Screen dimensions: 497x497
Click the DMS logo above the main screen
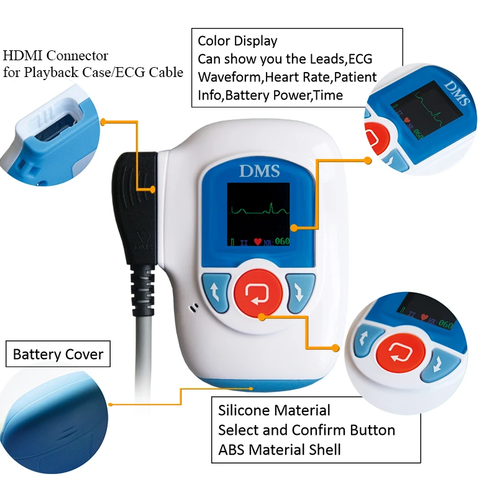[x=259, y=172]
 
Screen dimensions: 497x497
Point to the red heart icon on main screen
[x=258, y=242]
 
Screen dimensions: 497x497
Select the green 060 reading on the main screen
[x=282, y=242]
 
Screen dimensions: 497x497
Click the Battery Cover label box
[x=58, y=355]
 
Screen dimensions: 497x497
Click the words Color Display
[x=237, y=42]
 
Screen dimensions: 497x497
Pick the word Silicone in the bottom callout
[x=243, y=410]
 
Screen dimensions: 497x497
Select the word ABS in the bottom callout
[x=230, y=449]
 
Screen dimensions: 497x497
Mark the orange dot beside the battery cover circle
[x=111, y=404]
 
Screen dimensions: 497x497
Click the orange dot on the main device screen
[x=292, y=228]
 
